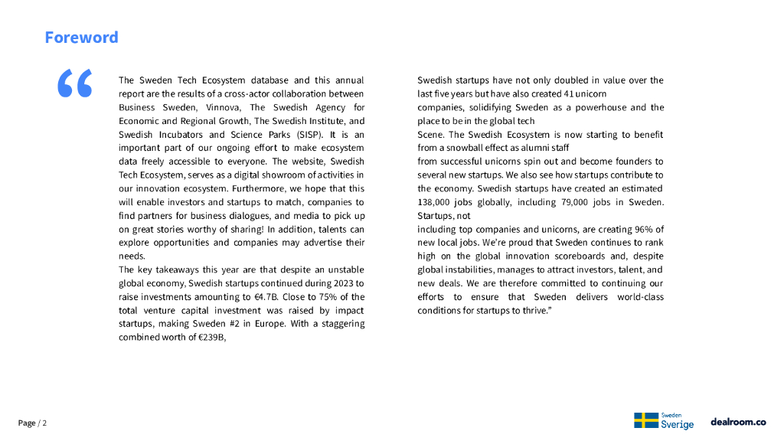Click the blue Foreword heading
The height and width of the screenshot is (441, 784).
(x=81, y=38)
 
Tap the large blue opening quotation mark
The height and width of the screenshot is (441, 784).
(x=75, y=83)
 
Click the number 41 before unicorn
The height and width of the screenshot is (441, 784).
(x=559, y=93)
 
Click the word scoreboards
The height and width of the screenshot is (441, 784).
(x=560, y=256)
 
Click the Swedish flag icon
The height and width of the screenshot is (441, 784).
(x=646, y=420)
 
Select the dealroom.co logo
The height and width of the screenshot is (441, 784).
(x=738, y=422)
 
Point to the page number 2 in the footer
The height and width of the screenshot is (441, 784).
(x=44, y=423)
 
